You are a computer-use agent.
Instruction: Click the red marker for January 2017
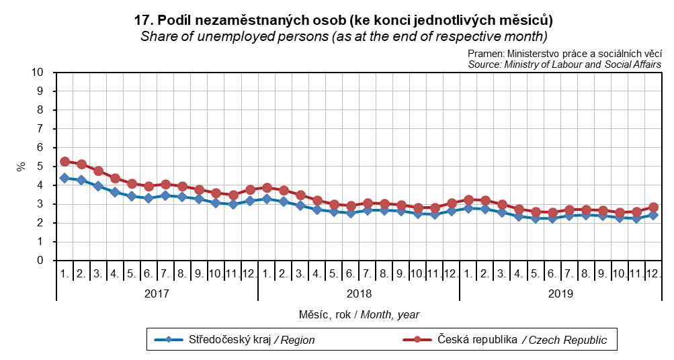[65, 161]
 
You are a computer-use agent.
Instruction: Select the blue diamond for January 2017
[65, 178]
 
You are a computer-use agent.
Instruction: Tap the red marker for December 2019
[653, 208]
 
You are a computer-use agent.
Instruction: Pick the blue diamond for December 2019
[653, 215]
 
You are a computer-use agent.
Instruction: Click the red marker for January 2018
[267, 187]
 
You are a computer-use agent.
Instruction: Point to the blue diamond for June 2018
[351, 213]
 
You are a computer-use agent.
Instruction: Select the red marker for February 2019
[485, 200]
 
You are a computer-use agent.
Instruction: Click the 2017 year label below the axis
[157, 294]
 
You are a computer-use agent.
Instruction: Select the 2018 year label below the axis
[359, 294]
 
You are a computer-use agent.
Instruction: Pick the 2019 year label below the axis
[560, 294]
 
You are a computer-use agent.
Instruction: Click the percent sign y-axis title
[21, 166]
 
